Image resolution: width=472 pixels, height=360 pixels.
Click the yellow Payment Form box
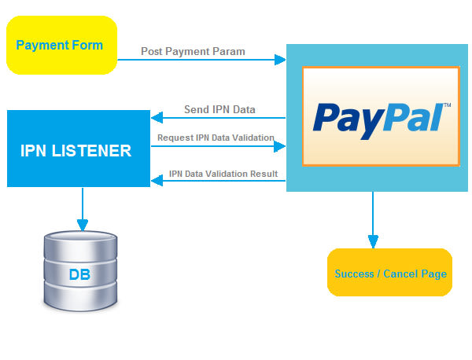tap(61, 46)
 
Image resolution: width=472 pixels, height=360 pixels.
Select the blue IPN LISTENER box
tap(78, 149)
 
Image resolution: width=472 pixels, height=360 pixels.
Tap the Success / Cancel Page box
tap(390, 273)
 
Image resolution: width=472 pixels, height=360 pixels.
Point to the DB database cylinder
tap(81, 270)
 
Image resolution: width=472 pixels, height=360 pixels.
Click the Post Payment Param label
tap(193, 51)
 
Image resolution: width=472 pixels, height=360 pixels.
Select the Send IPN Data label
tap(219, 108)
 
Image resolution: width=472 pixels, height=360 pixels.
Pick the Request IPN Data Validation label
tap(216, 138)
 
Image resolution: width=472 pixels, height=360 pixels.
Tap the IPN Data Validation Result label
tap(224, 174)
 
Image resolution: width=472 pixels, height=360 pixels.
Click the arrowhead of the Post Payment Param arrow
tap(280, 59)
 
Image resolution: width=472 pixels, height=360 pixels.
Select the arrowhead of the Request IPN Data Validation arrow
tap(280, 146)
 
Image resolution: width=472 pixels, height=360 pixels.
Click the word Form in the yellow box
tap(88, 45)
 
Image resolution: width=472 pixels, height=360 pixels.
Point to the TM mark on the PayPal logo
tap(447, 105)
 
